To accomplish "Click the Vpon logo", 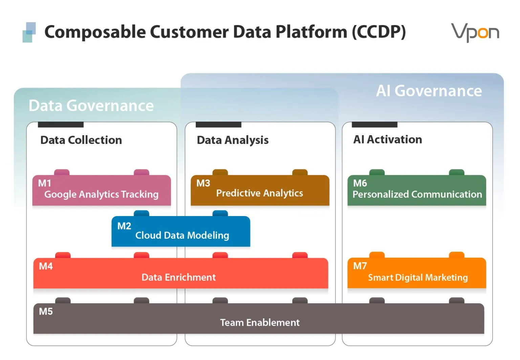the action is pyautogui.click(x=475, y=33).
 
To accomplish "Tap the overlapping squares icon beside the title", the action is pyautogui.click(x=29, y=32).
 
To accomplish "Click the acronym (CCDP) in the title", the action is pyautogui.click(x=379, y=32).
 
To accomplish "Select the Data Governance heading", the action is pyautogui.click(x=91, y=106).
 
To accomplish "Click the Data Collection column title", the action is pyautogui.click(x=81, y=140).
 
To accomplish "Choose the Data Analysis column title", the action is pyautogui.click(x=233, y=141).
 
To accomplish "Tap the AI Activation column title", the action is pyautogui.click(x=387, y=139).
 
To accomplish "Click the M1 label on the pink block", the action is pyautogui.click(x=45, y=183).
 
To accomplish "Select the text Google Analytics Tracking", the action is pyautogui.click(x=102, y=194).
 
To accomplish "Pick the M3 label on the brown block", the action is pyautogui.click(x=203, y=183).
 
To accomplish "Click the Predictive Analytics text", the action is pyautogui.click(x=260, y=193).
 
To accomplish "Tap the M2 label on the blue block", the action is pyautogui.click(x=124, y=226).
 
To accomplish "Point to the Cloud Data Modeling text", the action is pyautogui.click(x=182, y=235).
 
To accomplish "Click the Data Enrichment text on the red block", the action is pyautogui.click(x=178, y=277).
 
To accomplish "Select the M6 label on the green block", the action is pyautogui.click(x=360, y=183).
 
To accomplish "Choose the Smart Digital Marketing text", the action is pyautogui.click(x=418, y=278).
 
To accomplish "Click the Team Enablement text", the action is pyautogui.click(x=260, y=323).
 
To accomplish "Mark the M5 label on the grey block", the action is pyautogui.click(x=46, y=312).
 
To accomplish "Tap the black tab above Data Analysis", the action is pyautogui.click(x=218, y=125).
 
